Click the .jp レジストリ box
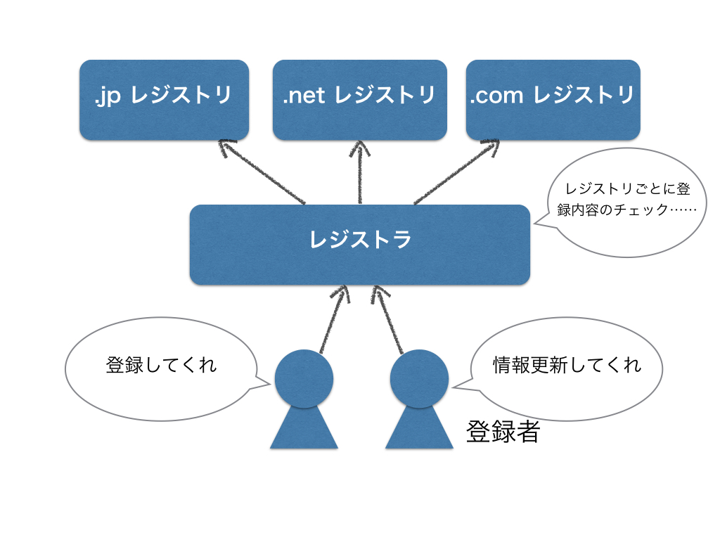(165, 100)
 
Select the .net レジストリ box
(360, 100)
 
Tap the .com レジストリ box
(553, 100)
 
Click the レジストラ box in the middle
(360, 245)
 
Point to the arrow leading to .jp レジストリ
(262, 172)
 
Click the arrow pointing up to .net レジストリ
(359, 172)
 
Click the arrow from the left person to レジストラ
(335, 319)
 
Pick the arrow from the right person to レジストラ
(387, 319)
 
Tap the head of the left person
(304, 379)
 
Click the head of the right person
(419, 379)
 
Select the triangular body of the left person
(304, 427)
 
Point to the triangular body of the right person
(419, 427)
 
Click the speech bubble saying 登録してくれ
(162, 368)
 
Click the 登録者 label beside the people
(503, 432)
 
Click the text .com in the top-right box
(496, 96)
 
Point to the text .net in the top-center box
(304, 96)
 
